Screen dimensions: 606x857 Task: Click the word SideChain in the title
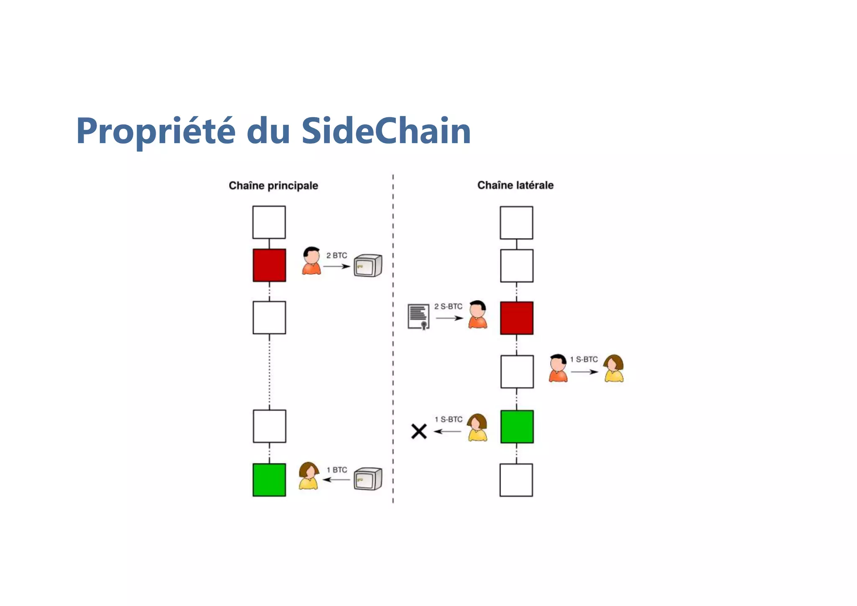[386, 131]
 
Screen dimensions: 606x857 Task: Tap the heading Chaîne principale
[273, 185]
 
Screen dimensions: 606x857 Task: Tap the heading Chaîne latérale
[515, 185]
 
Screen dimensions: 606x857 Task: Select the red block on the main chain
[269, 265]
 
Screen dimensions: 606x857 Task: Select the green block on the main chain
[269, 480]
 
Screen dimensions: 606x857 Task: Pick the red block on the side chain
[516, 318]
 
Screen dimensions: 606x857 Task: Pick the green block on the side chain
[517, 426]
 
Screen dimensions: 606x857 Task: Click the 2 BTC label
[336, 255]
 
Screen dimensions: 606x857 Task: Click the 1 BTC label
[336, 470]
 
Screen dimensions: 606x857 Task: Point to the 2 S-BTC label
[448, 306]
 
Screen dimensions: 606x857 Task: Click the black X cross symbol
[418, 431]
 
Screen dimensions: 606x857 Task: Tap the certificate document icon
[418, 317]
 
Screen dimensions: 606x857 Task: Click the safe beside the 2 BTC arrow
[368, 265]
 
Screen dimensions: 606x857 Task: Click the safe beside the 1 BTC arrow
[368, 479]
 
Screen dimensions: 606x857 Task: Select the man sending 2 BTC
[311, 261]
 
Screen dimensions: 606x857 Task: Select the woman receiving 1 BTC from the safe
[309, 476]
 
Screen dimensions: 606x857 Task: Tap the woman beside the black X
[477, 428]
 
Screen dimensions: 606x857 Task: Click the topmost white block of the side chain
[516, 223]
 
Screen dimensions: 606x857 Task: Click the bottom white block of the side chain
[516, 480]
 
